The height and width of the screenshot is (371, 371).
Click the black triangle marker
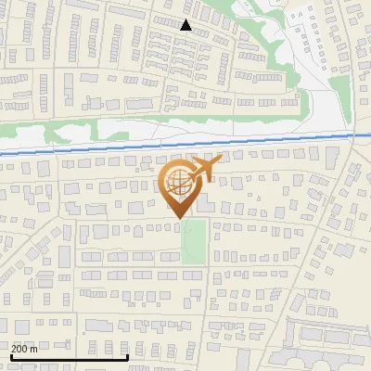(x=186, y=26)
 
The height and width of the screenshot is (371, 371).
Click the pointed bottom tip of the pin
(x=179, y=218)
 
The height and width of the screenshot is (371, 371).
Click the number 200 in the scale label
(x=19, y=349)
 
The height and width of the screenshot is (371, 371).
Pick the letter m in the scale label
(x=34, y=349)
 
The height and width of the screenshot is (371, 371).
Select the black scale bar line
(x=70, y=356)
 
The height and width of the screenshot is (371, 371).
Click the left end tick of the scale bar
(x=11, y=354)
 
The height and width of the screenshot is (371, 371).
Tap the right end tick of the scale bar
(x=128, y=354)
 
